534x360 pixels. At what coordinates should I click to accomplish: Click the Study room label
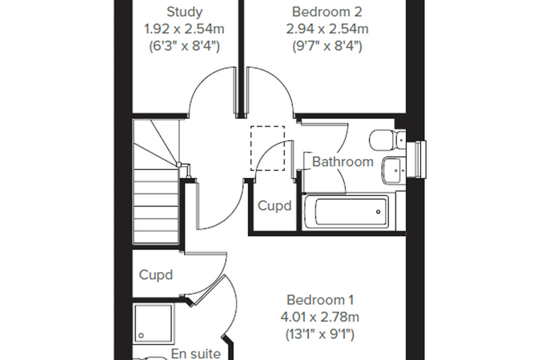click(x=185, y=12)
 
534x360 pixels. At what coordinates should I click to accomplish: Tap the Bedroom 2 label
click(x=327, y=12)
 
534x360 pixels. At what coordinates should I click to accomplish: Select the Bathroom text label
click(x=343, y=162)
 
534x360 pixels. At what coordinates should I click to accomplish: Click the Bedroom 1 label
click(x=320, y=300)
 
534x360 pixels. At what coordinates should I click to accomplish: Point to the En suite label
click(x=196, y=354)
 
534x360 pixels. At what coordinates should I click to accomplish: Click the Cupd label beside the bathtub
click(x=275, y=205)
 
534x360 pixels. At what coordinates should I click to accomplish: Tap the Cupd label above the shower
click(x=156, y=275)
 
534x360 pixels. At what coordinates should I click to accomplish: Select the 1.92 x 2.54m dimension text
click(x=184, y=29)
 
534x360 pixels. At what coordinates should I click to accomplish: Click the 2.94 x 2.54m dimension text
click(x=327, y=29)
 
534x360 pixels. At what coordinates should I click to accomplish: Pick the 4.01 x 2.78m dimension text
click(x=320, y=317)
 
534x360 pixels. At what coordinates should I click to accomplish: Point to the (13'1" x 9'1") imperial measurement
click(x=320, y=334)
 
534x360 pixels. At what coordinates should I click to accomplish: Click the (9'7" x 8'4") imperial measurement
click(x=327, y=46)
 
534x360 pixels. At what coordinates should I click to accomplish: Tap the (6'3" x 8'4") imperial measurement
click(x=184, y=46)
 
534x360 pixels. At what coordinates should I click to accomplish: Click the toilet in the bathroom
click(x=387, y=140)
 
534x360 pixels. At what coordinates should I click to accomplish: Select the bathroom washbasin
click(x=394, y=169)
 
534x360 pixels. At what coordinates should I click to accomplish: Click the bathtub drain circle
click(x=378, y=212)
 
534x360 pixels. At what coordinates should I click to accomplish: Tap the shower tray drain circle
click(x=141, y=335)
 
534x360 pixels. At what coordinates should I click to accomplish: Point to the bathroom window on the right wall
click(x=416, y=159)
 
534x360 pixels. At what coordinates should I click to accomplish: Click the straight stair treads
click(x=156, y=207)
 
